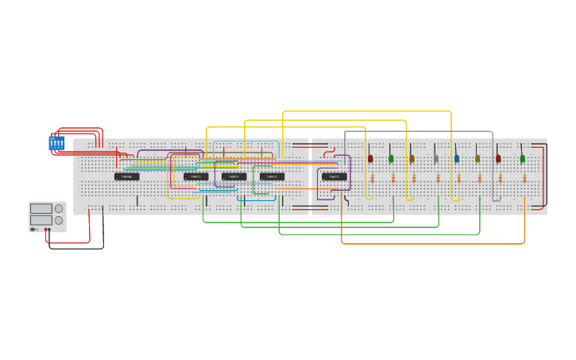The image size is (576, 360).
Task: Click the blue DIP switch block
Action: [56, 143]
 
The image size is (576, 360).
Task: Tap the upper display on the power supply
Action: [41, 209]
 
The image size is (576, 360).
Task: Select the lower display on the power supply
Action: [41, 219]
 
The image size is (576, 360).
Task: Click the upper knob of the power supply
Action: [58, 209]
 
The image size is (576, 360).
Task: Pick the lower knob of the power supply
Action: [58, 220]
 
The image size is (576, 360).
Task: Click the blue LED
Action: [457, 159]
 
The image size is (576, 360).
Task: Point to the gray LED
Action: [435, 159]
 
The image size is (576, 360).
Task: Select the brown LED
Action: [412, 159]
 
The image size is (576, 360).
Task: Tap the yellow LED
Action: [477, 159]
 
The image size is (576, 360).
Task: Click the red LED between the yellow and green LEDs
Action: [498, 159]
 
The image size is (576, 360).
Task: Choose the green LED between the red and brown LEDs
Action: [391, 159]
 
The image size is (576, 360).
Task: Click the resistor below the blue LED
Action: [458, 178]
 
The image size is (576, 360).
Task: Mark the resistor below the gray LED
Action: [438, 178]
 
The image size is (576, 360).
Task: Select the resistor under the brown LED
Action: [414, 178]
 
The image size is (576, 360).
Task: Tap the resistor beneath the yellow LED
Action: [480, 178]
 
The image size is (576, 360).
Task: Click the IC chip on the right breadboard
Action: [334, 176]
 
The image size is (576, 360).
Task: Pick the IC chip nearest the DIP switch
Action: [126, 176]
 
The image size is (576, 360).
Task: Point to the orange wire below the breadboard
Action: [433, 243]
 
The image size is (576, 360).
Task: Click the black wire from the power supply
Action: [75, 248]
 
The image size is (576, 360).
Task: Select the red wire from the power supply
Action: [88, 230]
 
